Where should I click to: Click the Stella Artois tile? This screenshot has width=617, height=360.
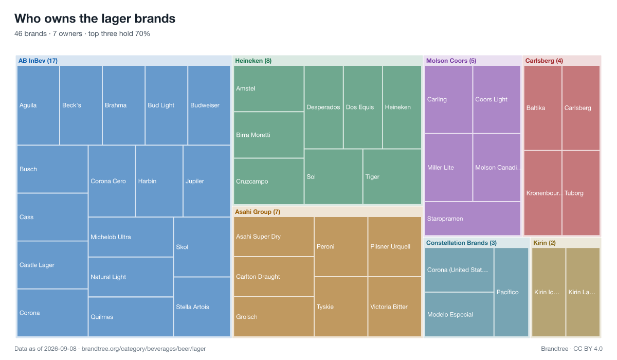202,307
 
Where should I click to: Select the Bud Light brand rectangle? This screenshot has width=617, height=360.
167,105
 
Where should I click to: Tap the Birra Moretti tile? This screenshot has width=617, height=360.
268,135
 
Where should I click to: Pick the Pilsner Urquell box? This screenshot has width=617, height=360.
395,246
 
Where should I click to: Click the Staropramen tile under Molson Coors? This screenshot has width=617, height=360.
473,219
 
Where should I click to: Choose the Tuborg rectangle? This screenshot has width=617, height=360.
581,193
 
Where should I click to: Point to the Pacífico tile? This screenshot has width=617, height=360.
512,292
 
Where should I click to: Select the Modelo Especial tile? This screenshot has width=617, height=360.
459,315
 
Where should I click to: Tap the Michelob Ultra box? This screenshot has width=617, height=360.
131,237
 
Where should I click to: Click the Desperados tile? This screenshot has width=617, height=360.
323,107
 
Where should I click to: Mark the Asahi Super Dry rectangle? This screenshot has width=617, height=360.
274,237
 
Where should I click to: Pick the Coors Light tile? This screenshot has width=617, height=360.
497,99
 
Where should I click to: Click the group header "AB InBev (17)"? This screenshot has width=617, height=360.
38,61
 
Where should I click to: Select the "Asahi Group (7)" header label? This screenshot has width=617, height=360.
258,212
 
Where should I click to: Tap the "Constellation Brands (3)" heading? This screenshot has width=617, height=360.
461,243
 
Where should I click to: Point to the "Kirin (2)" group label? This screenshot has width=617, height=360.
545,243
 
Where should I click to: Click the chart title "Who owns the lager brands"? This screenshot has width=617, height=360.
95,19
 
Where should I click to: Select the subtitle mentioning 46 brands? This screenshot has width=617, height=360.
82,33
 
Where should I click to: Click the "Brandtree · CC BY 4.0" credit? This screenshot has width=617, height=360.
572,349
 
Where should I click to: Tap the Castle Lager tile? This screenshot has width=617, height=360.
52,265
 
